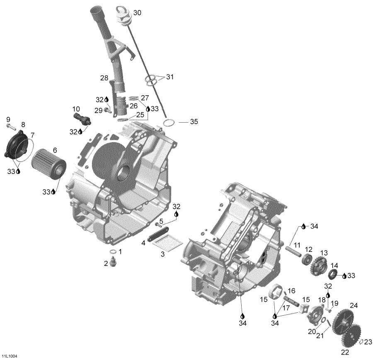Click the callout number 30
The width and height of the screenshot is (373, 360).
click(x=137, y=13)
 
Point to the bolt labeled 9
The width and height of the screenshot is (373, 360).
click(x=10, y=127)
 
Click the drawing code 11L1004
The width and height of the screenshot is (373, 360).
click(x=9, y=356)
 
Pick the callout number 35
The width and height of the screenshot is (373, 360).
click(x=194, y=122)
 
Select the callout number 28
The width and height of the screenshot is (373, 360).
click(x=104, y=77)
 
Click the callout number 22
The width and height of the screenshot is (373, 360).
click(x=345, y=353)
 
